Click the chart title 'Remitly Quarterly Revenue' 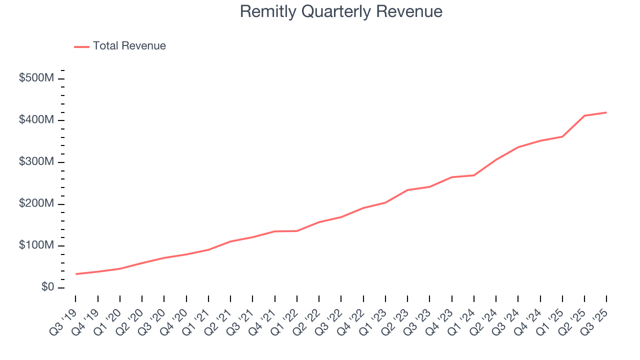[x=341, y=11]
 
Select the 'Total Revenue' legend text [x=129, y=46]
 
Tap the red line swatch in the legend [x=81, y=46]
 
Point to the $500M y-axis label [x=36, y=79]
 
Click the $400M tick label [x=36, y=120]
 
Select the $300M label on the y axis [x=36, y=162]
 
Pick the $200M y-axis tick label [x=36, y=204]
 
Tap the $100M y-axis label [x=36, y=246]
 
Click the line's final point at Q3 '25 [x=606, y=112]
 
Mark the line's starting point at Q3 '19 [x=76, y=274]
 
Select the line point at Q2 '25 [x=584, y=115]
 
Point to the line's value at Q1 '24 [x=474, y=175]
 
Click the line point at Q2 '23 [x=407, y=190]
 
